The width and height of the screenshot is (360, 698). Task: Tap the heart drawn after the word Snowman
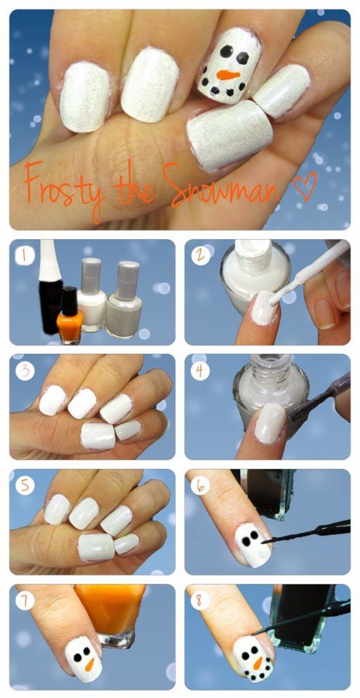point(305,185)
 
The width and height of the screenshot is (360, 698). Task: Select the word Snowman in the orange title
point(222,184)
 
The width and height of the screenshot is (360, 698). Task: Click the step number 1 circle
point(25,256)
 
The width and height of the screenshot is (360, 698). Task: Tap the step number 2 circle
point(200,256)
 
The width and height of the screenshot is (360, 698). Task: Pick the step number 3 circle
point(25,371)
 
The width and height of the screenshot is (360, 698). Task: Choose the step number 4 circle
point(200,371)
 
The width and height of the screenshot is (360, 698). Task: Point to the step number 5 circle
point(25,485)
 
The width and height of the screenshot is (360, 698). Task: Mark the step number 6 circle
point(200,485)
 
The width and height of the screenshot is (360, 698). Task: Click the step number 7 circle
point(25,601)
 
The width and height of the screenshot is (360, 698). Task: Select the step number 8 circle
point(200,601)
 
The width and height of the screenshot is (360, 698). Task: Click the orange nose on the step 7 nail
point(90,664)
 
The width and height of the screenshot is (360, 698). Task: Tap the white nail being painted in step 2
point(265,307)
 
